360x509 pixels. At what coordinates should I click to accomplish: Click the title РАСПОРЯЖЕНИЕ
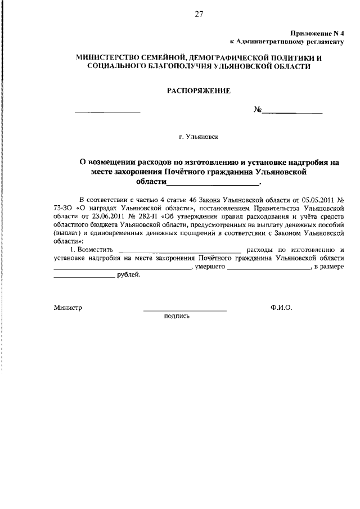pyautogui.click(x=199, y=91)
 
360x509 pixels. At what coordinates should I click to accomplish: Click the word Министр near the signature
pyautogui.click(x=68, y=308)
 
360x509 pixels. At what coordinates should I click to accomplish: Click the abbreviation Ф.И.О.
pyautogui.click(x=281, y=308)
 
